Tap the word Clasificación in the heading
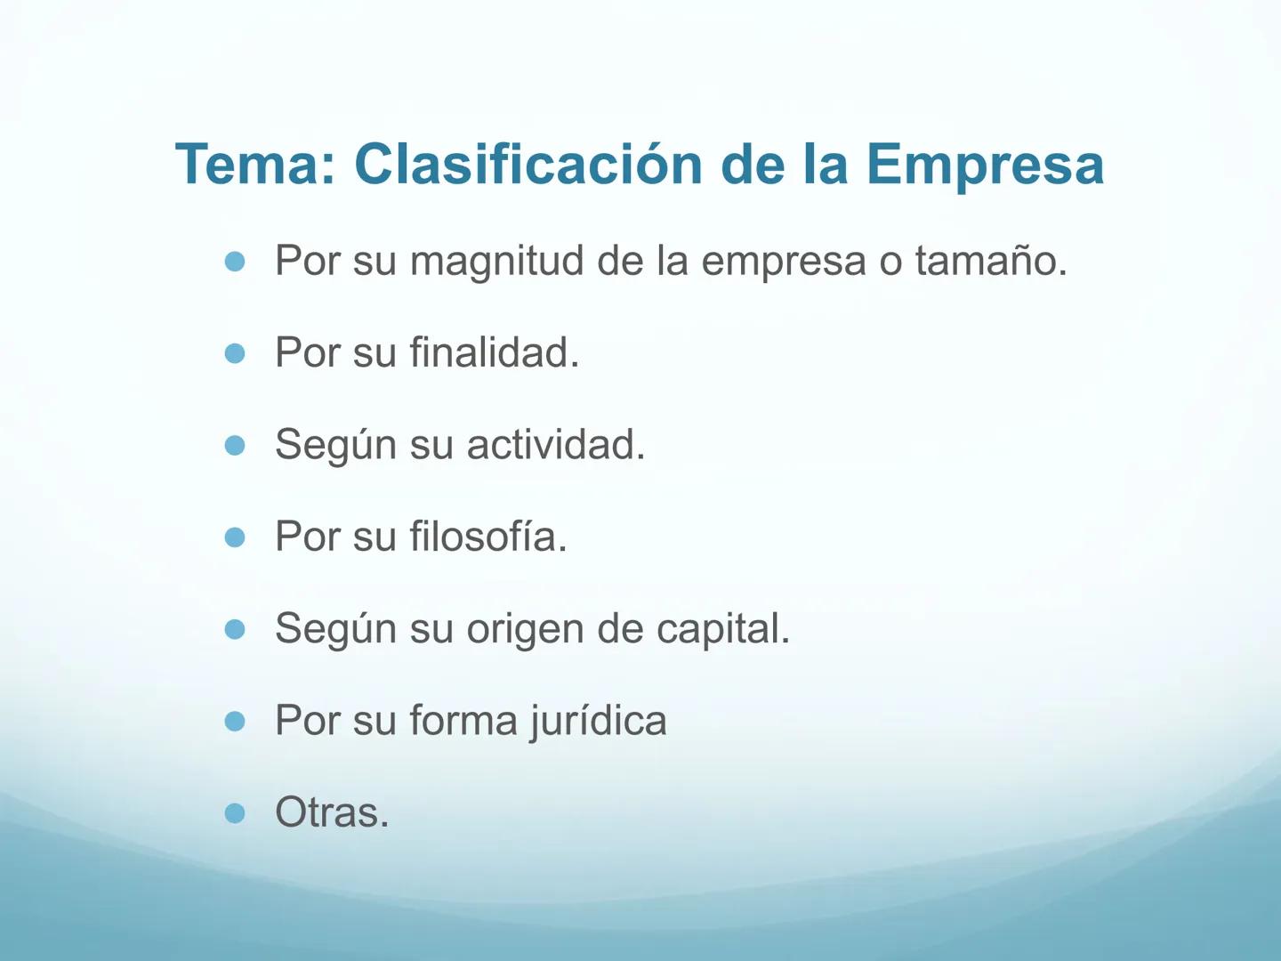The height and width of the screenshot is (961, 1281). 528,165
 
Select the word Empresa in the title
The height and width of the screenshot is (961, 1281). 985,165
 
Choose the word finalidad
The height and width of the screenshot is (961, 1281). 494,353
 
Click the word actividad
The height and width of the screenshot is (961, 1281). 555,445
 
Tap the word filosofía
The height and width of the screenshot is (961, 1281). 487,537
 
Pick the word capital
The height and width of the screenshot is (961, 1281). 722,629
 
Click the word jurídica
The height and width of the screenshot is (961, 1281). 598,721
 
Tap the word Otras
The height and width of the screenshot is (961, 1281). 332,812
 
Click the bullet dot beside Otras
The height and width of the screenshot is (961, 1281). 235,813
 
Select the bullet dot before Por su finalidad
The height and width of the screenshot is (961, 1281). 235,354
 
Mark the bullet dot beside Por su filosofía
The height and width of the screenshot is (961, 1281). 235,537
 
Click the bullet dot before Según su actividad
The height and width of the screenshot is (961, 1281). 235,446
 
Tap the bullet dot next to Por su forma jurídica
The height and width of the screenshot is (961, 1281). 235,722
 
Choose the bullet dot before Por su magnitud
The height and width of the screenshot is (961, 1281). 235,262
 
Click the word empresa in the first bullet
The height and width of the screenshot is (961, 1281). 783,262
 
